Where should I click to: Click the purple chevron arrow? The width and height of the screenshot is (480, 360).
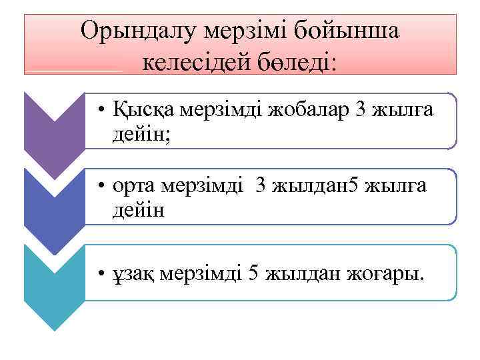[54, 124]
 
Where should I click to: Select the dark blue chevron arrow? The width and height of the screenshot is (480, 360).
[54, 200]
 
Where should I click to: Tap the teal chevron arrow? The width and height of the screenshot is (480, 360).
[54, 280]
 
